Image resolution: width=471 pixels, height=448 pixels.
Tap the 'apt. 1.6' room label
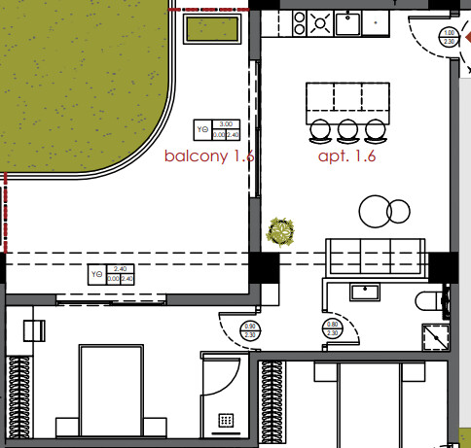[346, 155]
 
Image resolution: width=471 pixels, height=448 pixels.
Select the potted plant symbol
[281, 231]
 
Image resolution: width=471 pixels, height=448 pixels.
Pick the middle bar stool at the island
[347, 130]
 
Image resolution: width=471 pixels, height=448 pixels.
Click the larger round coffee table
[374, 210]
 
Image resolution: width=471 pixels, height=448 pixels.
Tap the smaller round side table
[399, 209]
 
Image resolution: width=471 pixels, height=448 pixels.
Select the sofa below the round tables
[375, 256]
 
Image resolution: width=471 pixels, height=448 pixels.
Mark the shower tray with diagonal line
[434, 335]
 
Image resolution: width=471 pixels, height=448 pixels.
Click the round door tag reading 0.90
[250, 330]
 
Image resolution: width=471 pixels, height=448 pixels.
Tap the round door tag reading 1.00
[449, 38]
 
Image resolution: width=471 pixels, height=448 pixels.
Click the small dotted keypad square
[226, 421]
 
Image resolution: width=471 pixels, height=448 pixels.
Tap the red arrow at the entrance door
[465, 37]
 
